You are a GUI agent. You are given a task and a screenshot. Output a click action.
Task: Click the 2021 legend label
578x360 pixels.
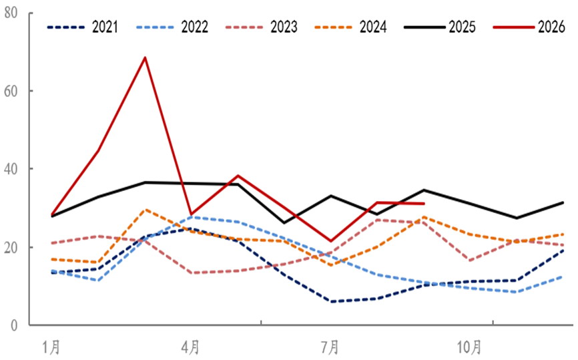[105, 27]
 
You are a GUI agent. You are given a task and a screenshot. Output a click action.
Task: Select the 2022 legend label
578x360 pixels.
[195, 27]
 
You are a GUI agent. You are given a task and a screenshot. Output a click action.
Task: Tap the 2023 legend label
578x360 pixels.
[284, 27]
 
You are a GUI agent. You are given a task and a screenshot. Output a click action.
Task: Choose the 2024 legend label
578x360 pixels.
[373, 27]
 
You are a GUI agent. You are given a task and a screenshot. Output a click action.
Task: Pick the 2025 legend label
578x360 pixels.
[463, 27]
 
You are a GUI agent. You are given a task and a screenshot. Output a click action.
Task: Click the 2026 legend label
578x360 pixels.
[551, 27]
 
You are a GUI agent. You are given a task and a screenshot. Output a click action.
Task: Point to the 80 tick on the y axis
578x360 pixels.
[11, 13]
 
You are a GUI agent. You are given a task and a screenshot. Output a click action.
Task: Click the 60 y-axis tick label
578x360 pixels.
[11, 91]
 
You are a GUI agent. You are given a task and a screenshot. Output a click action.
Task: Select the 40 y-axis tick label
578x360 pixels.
[11, 169]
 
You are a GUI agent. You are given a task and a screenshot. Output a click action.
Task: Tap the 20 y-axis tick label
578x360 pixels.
[11, 247]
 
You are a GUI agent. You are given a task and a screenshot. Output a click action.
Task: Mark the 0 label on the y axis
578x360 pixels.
[14, 326]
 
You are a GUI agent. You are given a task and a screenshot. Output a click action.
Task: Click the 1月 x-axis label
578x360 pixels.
[51, 347]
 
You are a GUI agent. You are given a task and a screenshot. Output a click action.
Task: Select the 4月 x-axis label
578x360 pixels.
[190, 347]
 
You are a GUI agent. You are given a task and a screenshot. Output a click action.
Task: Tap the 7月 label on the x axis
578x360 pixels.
[330, 347]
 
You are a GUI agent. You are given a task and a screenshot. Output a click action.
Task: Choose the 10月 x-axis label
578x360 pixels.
[469, 347]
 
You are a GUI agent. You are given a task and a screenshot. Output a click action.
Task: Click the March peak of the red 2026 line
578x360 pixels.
[146, 57]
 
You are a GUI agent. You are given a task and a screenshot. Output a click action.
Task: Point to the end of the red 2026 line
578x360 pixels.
[424, 203]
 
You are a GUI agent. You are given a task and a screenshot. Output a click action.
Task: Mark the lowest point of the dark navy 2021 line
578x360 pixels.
[331, 302]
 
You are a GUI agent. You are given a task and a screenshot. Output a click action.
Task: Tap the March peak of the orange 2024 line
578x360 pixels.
[146, 210]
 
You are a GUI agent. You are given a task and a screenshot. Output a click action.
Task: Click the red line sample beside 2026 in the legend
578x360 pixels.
[514, 27]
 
